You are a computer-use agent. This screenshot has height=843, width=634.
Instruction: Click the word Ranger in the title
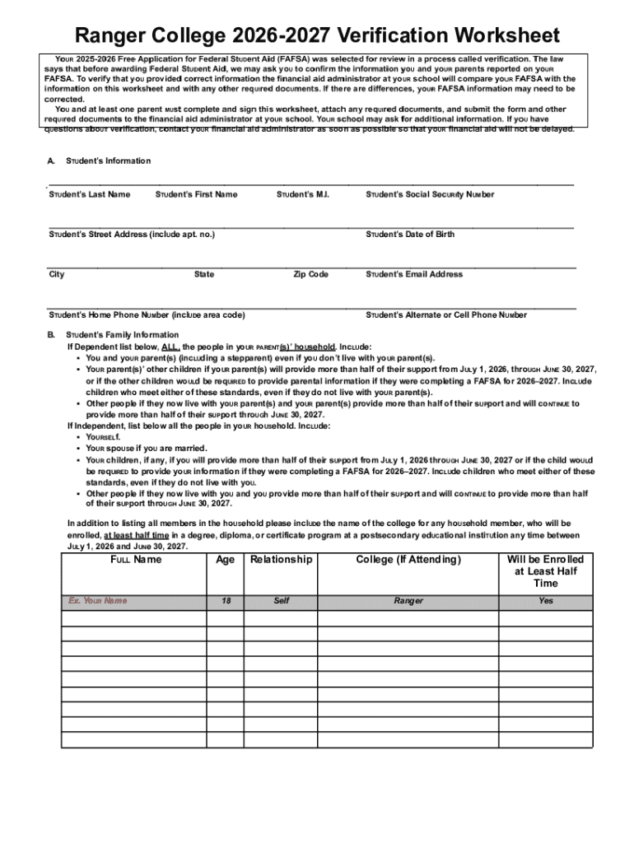110,35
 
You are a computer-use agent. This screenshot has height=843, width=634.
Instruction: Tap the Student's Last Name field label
90,194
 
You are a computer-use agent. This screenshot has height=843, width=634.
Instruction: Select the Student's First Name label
196,194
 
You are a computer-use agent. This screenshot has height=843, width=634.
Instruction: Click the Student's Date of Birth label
410,235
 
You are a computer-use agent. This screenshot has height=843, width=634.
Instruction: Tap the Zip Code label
311,274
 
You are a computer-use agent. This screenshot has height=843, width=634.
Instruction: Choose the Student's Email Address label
414,274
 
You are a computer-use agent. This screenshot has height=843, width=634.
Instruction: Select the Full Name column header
136,560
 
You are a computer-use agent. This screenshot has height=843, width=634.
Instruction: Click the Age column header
225,560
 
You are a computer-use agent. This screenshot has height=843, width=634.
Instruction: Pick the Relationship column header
281,560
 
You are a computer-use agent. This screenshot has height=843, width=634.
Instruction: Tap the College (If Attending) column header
408,560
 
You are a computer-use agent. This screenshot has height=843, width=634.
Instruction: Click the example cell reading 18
225,601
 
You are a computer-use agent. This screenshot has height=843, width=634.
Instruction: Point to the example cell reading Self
281,601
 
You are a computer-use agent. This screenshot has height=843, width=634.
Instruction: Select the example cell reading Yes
546,601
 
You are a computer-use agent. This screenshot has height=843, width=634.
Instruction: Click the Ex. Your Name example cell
98,601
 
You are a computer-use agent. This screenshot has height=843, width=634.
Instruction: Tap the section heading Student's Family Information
122,335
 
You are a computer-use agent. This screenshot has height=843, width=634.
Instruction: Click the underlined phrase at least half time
138,534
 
